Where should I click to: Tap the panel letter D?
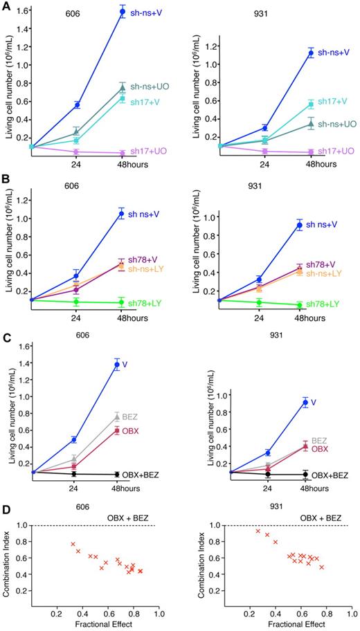tap(6, 509)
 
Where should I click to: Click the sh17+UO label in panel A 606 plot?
tap(151, 151)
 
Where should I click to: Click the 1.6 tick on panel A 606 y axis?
tap(24, 12)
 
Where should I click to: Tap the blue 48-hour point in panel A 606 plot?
tap(123, 12)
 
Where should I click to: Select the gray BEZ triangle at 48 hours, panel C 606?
tap(118, 417)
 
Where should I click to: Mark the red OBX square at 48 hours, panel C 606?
tap(118, 430)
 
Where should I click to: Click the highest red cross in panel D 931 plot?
tap(258, 531)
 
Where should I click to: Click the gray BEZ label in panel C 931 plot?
tap(318, 439)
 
